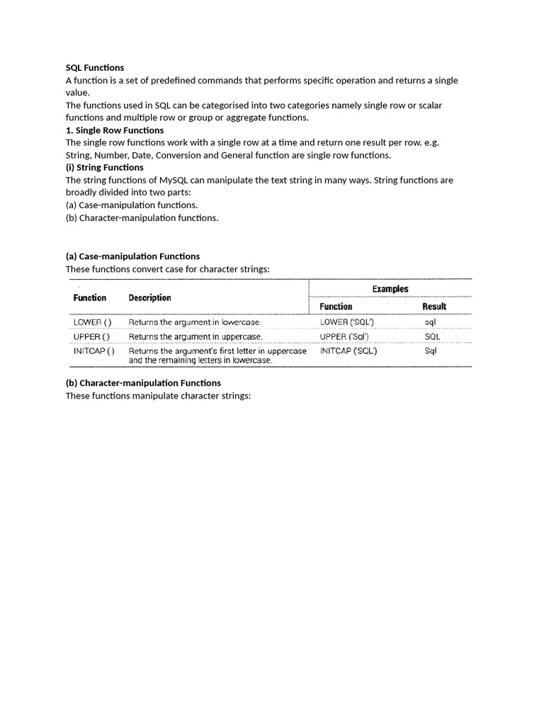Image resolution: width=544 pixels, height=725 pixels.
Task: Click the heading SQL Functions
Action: (95, 68)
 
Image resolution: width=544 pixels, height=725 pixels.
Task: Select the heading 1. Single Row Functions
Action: (115, 130)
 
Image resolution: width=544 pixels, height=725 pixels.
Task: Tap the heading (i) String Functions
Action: (104, 168)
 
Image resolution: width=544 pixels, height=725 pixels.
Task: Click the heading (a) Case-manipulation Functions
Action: (132, 256)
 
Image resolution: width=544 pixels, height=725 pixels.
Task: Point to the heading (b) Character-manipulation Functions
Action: (143, 383)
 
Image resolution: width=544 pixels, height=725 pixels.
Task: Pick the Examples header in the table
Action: (390, 289)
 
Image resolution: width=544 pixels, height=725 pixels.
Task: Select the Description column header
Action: (149, 298)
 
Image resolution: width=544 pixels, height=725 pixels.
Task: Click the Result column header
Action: (434, 307)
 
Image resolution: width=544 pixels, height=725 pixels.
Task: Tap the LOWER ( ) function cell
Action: (92, 322)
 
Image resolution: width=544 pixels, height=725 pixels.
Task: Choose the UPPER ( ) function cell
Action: (91, 336)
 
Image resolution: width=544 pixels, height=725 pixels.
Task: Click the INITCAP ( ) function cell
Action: (94, 350)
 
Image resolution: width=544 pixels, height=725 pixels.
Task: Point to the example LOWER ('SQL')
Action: (347, 322)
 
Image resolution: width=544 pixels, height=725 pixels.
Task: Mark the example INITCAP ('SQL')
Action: (348, 350)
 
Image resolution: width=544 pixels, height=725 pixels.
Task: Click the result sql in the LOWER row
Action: (431, 322)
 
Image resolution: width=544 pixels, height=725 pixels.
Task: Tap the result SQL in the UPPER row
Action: (432, 336)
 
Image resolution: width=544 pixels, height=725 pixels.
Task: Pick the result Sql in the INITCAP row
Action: (431, 350)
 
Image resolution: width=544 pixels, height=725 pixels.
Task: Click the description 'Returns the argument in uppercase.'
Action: (195, 336)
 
